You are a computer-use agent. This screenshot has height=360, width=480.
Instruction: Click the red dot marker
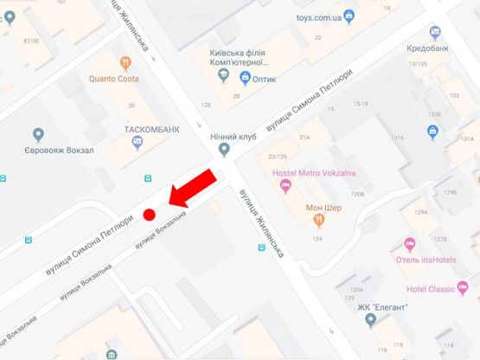[149, 214]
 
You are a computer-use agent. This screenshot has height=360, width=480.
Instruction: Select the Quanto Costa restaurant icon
[125, 62]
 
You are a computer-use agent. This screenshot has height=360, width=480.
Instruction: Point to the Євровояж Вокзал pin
[38, 134]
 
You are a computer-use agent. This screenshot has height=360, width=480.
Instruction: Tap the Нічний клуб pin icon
[225, 150]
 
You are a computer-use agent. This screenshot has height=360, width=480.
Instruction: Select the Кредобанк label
[427, 48]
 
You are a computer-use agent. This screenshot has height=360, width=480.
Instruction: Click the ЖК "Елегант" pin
[371, 321]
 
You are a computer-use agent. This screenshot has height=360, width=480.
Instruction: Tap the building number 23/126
[278, 157]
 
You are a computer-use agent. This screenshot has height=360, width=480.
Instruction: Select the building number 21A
[304, 138]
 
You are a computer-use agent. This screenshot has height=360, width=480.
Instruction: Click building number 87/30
[32, 41]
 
